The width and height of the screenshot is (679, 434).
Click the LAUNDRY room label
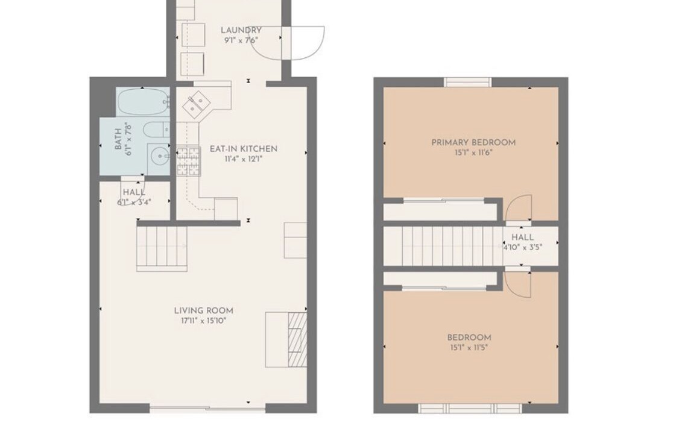[241, 30]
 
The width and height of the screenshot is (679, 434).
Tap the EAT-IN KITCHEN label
[244, 149]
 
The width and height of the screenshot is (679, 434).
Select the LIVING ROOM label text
[204, 310]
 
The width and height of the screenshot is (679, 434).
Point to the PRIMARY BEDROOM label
[473, 142]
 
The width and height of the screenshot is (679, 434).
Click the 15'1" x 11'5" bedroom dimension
[469, 347]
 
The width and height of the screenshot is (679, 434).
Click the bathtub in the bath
[143, 101]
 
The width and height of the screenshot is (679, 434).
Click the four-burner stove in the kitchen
[188, 162]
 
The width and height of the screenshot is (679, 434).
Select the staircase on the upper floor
[452, 246]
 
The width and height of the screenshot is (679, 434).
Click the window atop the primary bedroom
[468, 82]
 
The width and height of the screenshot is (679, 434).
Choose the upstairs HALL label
[523, 237]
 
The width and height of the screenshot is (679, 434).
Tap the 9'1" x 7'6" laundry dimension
[241, 40]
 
